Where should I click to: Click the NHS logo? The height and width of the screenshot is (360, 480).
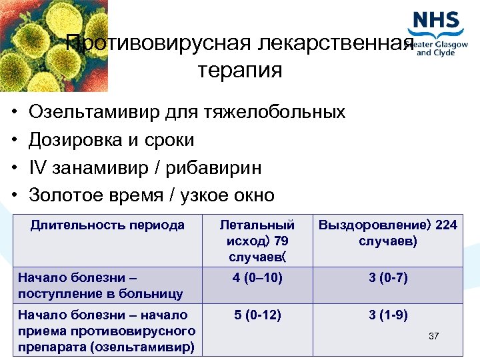(437, 22)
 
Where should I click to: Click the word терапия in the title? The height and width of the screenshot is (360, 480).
(240, 70)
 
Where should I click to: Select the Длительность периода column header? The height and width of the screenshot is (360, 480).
(107, 225)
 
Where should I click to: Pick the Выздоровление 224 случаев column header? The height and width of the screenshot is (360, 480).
(387, 233)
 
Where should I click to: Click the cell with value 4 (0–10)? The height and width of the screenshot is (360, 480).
(257, 278)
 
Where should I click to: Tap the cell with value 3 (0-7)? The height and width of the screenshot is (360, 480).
(388, 278)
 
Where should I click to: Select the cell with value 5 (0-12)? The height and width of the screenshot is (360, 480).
(257, 315)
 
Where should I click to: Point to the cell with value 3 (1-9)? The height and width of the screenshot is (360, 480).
(388, 315)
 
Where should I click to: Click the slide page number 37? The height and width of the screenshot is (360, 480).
(433, 336)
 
